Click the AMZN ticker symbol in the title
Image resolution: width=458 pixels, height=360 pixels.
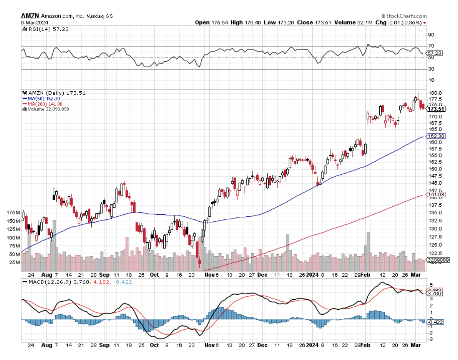[x=30, y=16]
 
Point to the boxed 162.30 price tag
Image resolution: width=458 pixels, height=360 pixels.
[x=435, y=136]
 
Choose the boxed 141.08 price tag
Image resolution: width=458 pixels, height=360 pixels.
[x=435, y=194]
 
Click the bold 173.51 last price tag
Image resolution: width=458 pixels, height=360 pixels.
[x=435, y=109]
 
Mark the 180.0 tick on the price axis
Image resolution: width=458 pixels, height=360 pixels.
[x=434, y=93]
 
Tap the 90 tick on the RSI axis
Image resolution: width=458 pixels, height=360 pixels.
[x=431, y=35]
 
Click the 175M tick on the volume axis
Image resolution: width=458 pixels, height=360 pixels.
[x=13, y=213]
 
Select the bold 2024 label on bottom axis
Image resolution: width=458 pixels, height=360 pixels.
[x=311, y=275]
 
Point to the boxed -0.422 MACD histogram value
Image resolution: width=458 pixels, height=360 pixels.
[x=435, y=322]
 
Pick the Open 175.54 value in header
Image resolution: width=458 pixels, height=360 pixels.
[x=213, y=22]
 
